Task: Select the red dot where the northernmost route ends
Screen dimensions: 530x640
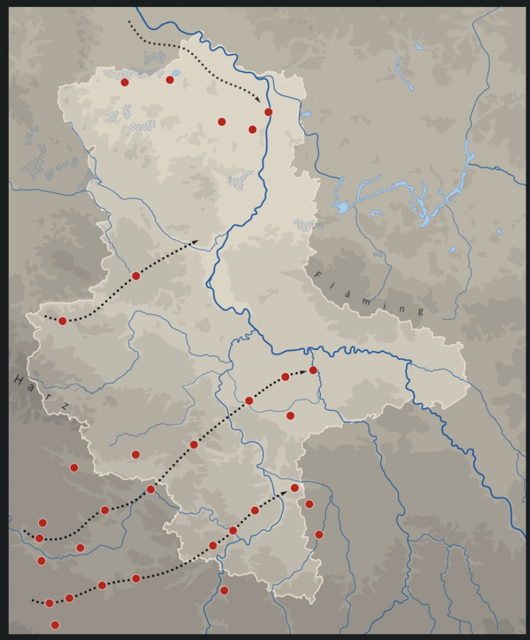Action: (x=269, y=112)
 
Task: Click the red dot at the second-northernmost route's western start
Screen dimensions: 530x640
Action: (x=62, y=321)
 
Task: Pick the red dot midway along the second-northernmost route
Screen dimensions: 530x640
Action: (x=136, y=276)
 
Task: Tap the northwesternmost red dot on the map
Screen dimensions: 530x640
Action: (x=125, y=82)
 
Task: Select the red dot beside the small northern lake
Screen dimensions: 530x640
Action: (x=169, y=79)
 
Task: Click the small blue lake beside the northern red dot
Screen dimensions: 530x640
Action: (x=176, y=73)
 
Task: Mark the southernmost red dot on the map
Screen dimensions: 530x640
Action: (x=55, y=624)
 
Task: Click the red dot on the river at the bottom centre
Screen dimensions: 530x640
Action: (x=224, y=591)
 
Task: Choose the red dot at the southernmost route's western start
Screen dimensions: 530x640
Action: (x=49, y=603)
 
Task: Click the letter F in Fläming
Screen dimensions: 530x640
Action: (x=317, y=274)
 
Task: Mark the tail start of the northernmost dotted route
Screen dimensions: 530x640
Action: (x=129, y=22)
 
